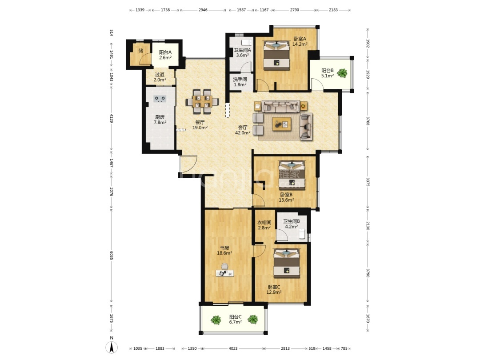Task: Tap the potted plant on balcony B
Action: [x=342, y=73]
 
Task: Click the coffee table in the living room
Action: [x=282, y=124]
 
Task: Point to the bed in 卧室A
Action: [x=276, y=55]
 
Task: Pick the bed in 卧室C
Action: [x=287, y=263]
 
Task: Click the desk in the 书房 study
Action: [x=225, y=273]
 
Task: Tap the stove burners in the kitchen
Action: [x=160, y=99]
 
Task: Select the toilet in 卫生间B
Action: [x=302, y=234]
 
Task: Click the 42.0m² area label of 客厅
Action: [x=243, y=133]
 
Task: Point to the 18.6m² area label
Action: [x=224, y=253]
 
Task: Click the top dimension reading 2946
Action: [x=203, y=10]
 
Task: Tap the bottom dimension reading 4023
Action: [x=233, y=348]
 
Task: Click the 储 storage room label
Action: [x=141, y=51]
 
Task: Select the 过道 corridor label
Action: [x=160, y=74]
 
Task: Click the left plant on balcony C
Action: [x=216, y=320]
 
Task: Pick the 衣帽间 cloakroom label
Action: [x=264, y=223]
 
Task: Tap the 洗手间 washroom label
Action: [x=240, y=79]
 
